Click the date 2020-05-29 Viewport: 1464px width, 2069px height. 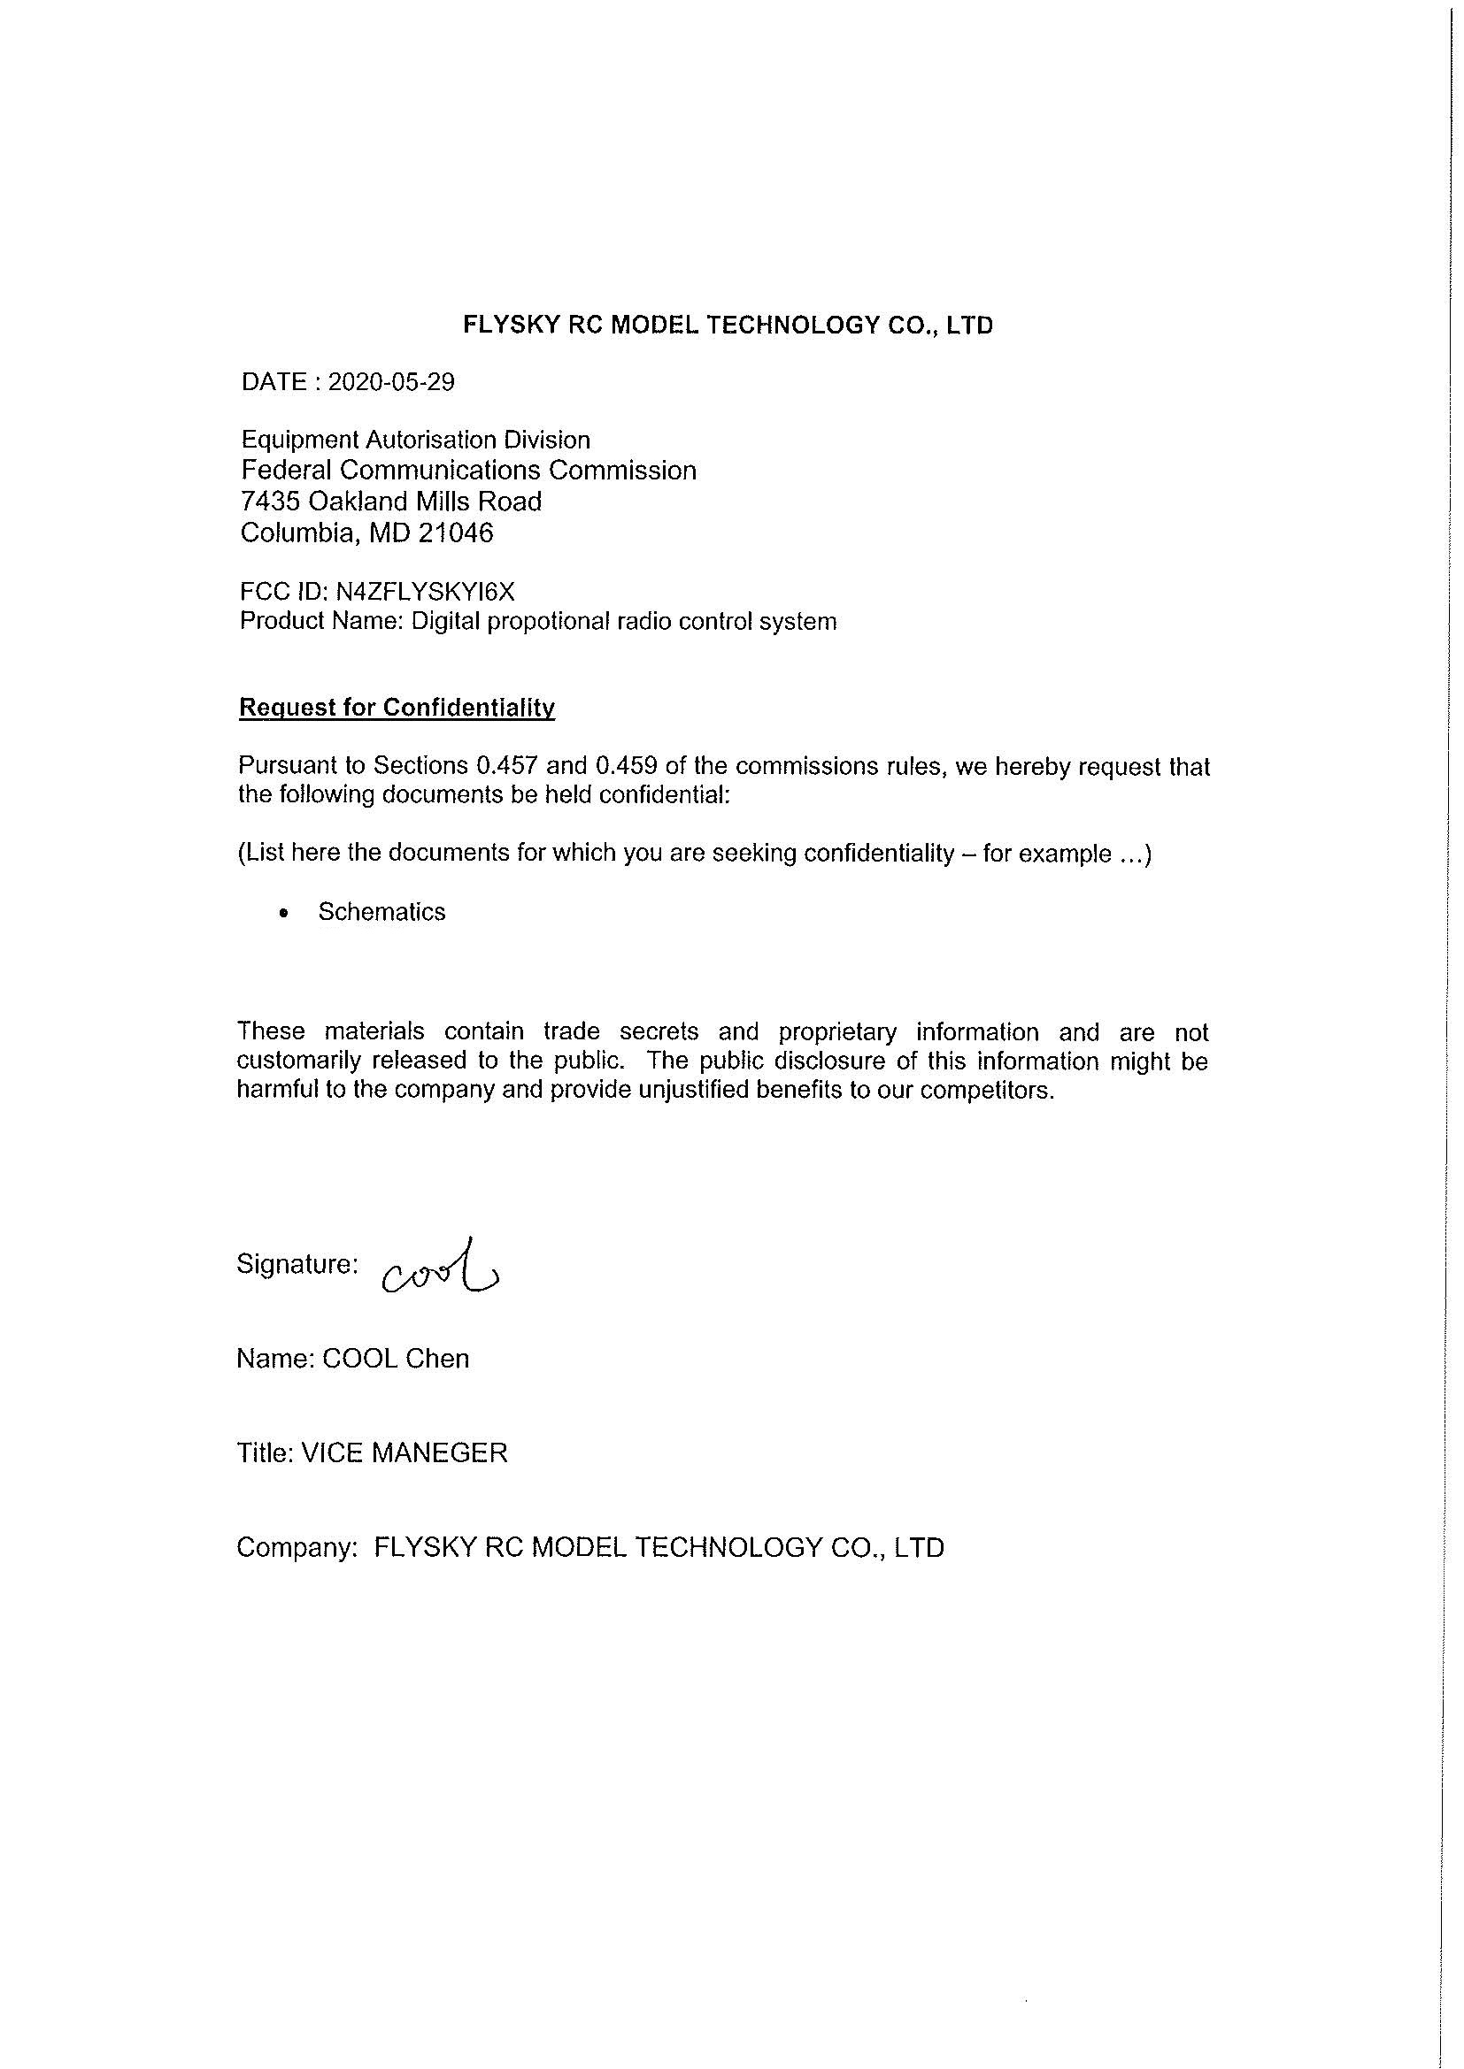[391, 383]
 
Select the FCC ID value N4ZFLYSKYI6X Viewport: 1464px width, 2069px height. [425, 591]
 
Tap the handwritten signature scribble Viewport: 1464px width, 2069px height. [442, 1266]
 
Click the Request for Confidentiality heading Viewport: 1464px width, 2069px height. [397, 708]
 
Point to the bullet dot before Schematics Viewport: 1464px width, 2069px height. [285, 913]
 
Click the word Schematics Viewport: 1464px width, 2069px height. [381, 912]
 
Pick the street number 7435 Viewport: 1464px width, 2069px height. [270, 501]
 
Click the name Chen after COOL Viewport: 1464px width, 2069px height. [437, 1358]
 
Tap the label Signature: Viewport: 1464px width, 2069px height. [297, 1263]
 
